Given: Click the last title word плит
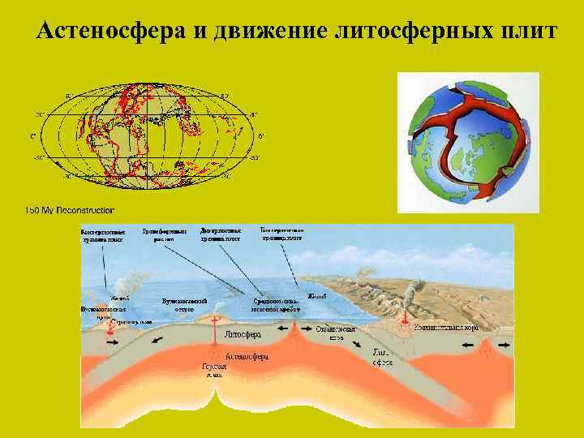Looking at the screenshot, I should point(525,32).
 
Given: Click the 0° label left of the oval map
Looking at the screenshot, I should point(33,135).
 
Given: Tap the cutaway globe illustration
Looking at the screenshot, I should point(468,142).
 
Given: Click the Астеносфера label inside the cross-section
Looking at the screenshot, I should point(247,355).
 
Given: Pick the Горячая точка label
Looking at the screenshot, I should point(214,371).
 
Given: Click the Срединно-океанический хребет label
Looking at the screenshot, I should point(276,305).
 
